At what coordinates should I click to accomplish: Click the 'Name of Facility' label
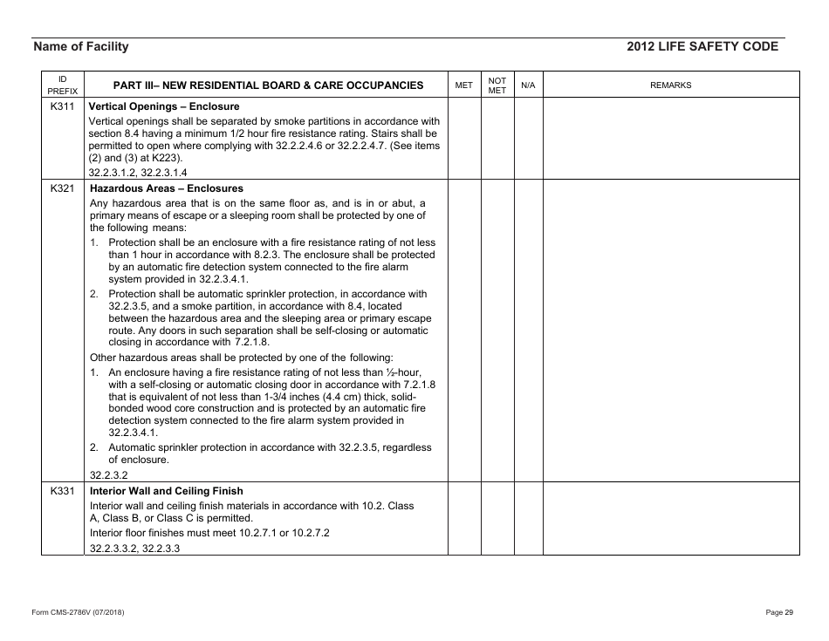pyautogui.click(x=80, y=47)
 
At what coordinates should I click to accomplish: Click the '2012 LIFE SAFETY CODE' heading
pyautogui.click(x=702, y=47)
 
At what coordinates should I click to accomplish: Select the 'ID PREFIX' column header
pyautogui.click(x=62, y=85)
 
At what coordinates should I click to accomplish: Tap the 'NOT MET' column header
pyautogui.click(x=497, y=85)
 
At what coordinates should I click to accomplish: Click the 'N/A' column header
pyautogui.click(x=527, y=85)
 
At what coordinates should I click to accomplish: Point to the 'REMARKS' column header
pyautogui.click(x=670, y=85)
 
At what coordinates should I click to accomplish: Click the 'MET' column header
pyautogui.click(x=464, y=85)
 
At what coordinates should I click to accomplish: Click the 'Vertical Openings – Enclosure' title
pyautogui.click(x=164, y=106)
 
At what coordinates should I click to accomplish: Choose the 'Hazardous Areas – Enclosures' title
pyautogui.click(x=167, y=188)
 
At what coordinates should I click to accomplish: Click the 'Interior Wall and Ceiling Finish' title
pyautogui.click(x=167, y=491)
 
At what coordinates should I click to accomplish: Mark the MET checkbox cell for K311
pyautogui.click(x=464, y=138)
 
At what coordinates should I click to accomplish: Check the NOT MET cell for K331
pyautogui.click(x=497, y=519)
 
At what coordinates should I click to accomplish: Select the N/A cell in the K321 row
pyautogui.click(x=527, y=331)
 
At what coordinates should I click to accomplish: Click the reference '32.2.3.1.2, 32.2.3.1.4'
pyautogui.click(x=138, y=172)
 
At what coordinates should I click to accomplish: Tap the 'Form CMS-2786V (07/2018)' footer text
pyautogui.click(x=78, y=612)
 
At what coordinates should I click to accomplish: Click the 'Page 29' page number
pyautogui.click(x=778, y=612)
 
